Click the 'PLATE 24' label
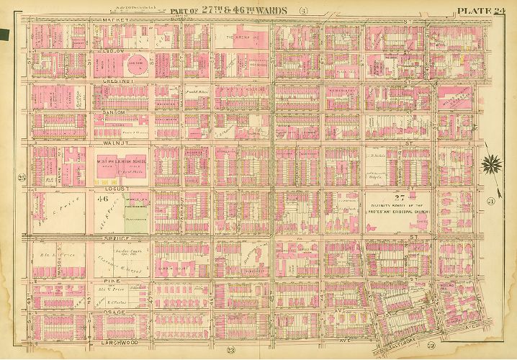(x=484, y=9)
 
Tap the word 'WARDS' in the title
(x=272, y=10)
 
